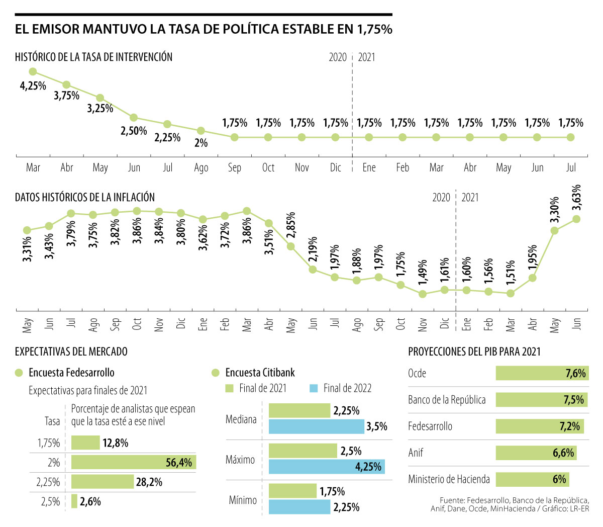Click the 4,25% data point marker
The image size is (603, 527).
pyautogui.click(x=33, y=72)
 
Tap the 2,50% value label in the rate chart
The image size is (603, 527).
pyautogui.click(x=134, y=131)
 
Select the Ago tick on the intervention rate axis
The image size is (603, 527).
pyautogui.click(x=201, y=168)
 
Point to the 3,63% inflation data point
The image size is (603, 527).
pyautogui.click(x=576, y=219)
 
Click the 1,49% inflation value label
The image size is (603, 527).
pyautogui.click(x=423, y=273)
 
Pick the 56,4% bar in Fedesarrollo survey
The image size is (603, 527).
pyautogui.click(x=133, y=462)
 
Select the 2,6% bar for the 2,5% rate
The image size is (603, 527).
pyautogui.click(x=74, y=501)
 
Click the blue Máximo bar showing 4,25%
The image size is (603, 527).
pyautogui.click(x=327, y=467)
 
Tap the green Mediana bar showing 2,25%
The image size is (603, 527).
pyautogui.click(x=299, y=411)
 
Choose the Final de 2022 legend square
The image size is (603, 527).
pyautogui.click(x=314, y=389)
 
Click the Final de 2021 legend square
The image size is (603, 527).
pyautogui.click(x=230, y=389)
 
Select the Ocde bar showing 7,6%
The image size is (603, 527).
pyautogui.click(x=542, y=373)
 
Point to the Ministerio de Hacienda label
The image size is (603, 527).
pyautogui.click(x=449, y=479)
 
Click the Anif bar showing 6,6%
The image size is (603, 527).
pyautogui.click(x=536, y=453)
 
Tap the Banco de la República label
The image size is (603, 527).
pyautogui.click(x=447, y=400)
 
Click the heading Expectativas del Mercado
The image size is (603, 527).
pyautogui.click(x=71, y=352)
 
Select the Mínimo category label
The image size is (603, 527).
pyautogui.click(x=243, y=500)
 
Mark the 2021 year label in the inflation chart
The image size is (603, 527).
pyautogui.click(x=470, y=198)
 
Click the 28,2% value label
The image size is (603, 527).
pyautogui.click(x=149, y=482)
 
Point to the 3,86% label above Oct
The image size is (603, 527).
pyautogui.click(x=137, y=231)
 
